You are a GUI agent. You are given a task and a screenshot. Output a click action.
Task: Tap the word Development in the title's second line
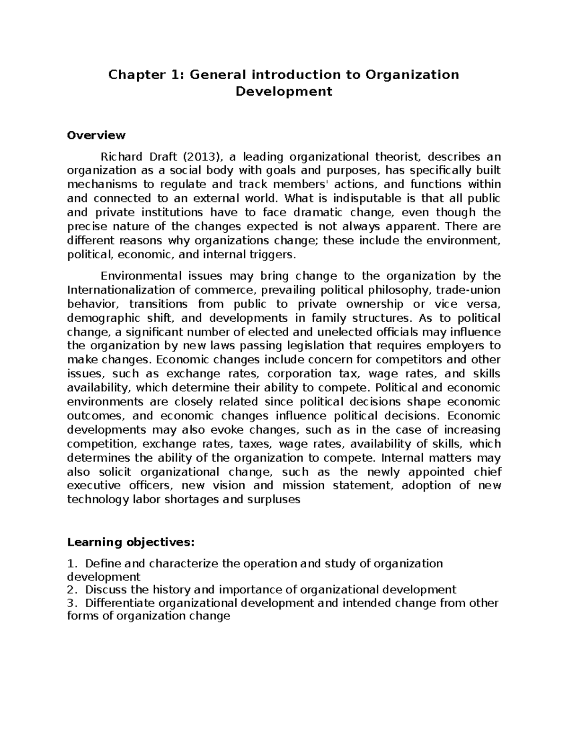284,91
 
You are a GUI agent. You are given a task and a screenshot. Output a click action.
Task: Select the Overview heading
96,136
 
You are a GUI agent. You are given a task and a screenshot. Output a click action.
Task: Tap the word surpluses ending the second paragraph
274,500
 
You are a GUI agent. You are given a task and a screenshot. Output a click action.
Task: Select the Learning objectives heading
131,542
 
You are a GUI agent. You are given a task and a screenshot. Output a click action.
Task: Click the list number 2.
71,590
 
